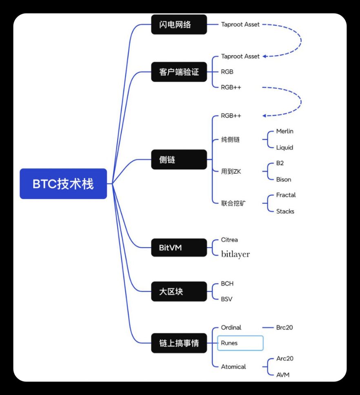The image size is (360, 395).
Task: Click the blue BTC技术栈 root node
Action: (x=63, y=184)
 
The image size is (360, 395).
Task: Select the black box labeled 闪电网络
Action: (x=179, y=25)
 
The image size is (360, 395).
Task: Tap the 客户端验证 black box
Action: (x=179, y=72)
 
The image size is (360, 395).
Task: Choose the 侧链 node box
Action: (x=179, y=160)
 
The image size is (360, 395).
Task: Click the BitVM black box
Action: (x=179, y=247)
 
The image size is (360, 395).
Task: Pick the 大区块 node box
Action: (x=179, y=292)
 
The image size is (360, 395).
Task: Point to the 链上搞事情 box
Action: (x=179, y=343)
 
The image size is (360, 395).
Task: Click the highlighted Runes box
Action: (x=240, y=343)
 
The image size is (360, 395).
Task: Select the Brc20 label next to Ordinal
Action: (x=284, y=328)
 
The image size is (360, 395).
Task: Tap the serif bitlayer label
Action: (x=235, y=254)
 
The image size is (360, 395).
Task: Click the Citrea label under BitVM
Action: (x=229, y=240)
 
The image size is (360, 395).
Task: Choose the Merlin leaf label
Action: (x=284, y=132)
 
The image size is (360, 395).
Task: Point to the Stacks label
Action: (x=285, y=212)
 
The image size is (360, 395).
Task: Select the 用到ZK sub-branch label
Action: (x=231, y=172)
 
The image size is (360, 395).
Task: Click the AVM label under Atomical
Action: (x=283, y=375)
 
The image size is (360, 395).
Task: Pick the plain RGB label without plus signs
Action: (x=227, y=72)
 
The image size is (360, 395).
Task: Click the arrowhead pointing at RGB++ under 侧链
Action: (x=264, y=116)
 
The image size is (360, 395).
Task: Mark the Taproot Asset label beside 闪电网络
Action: (x=240, y=25)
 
